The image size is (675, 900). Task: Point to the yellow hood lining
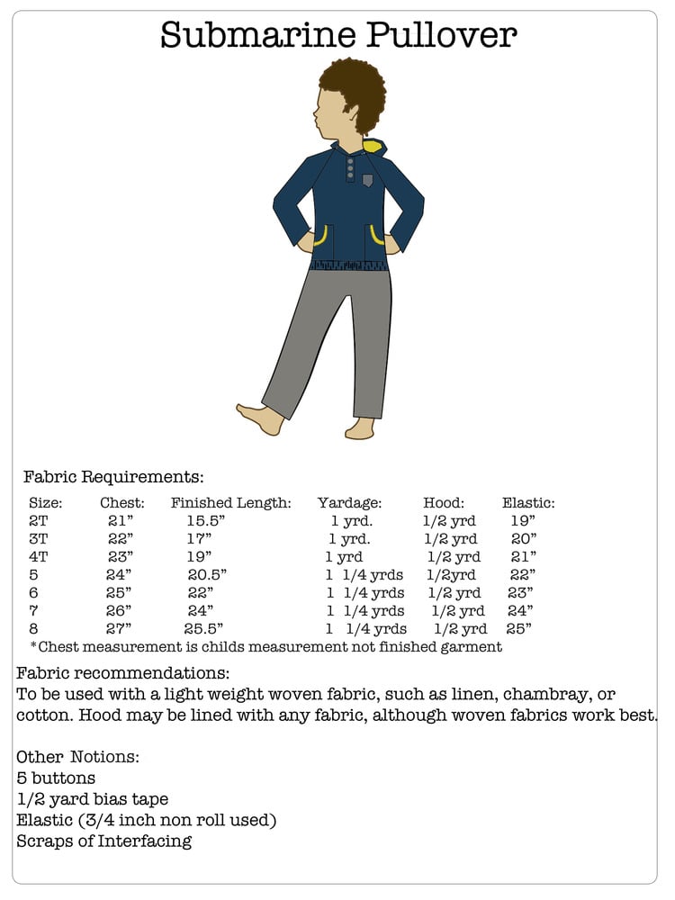pos(372,145)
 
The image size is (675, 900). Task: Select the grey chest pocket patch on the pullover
pos(367,180)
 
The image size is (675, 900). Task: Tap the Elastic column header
pos(528,503)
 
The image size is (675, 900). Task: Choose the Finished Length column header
pos(231,503)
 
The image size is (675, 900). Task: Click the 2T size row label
pos(39,521)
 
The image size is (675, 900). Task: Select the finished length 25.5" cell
pos(203,629)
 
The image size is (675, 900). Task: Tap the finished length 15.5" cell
pos(205,521)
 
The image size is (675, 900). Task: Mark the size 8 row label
pos(34,629)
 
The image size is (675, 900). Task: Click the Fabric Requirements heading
pos(114,477)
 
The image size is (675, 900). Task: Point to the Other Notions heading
pos(77,757)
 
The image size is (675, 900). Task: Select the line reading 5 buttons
pos(56,778)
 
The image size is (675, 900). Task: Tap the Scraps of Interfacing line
pos(104,841)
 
